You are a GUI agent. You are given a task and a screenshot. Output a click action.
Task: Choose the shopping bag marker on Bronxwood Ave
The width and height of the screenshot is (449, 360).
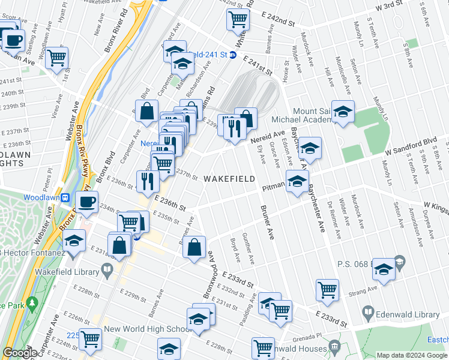pyautogui.click(x=194, y=247)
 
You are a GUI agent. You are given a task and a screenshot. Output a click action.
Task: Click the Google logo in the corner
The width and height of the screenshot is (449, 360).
pyautogui.click(x=20, y=353)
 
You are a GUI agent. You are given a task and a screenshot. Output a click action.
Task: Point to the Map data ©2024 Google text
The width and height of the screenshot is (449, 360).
pyautogui.click(x=411, y=355)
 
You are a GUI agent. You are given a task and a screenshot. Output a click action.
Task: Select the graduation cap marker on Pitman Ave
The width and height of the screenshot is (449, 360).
pyautogui.click(x=297, y=182)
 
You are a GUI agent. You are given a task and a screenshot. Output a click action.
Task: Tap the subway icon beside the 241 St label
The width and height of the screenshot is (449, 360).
pyautogui.click(x=234, y=55)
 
